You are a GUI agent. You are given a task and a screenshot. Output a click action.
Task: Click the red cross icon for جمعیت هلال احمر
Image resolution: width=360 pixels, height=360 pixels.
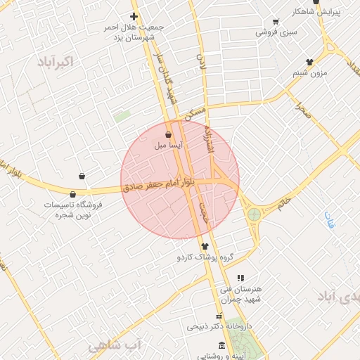(134, 16)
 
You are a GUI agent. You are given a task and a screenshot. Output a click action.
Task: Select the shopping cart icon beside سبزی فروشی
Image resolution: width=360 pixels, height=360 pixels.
(275, 22)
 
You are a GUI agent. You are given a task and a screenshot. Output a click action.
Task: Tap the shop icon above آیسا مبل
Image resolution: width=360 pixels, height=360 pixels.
(168, 135)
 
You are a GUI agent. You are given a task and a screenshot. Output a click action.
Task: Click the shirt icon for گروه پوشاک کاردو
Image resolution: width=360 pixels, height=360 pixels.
(205, 246)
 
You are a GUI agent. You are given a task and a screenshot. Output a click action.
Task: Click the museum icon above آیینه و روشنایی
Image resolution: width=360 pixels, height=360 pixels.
(222, 345)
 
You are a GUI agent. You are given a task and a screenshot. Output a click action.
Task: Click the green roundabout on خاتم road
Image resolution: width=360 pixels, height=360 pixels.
(254, 214)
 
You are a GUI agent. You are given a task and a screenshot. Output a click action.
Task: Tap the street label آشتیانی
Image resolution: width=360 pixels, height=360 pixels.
(208, 139)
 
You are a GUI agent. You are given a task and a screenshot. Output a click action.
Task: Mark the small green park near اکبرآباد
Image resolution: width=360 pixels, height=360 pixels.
(122, 116)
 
